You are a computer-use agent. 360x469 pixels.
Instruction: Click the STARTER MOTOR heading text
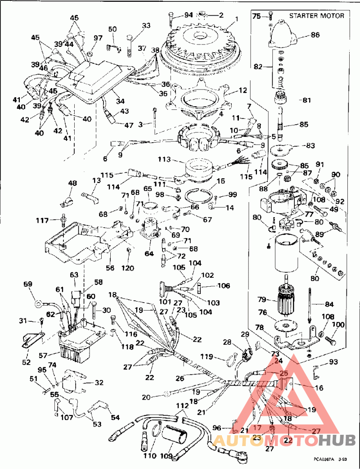316,16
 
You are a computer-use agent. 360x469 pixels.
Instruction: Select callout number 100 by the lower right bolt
338,325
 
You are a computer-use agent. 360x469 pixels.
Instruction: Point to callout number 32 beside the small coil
99,383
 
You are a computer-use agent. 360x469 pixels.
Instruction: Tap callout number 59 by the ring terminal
28,284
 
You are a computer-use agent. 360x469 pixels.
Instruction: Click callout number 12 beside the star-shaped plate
243,90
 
